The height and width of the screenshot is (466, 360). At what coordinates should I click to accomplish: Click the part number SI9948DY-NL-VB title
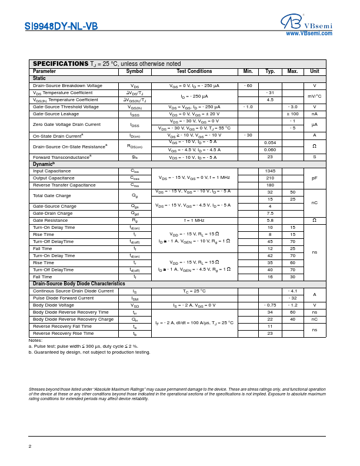[x=61, y=26]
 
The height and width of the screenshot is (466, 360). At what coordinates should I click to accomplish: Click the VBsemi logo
[x=306, y=24]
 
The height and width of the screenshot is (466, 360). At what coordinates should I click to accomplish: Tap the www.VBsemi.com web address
[x=309, y=34]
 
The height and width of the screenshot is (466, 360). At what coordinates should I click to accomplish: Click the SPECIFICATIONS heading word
[x=60, y=64]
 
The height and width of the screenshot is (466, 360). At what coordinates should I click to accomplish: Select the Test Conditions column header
[x=194, y=71]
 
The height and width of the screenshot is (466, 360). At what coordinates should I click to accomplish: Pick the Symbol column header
[x=135, y=71]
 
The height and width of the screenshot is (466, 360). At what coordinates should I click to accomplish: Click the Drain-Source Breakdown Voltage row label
[x=68, y=86]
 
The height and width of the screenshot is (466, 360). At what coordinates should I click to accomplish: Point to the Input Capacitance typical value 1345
[x=270, y=171]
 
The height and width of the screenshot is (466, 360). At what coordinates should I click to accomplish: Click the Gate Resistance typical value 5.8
[x=270, y=220]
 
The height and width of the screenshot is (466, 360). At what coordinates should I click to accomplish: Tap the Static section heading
[x=39, y=78]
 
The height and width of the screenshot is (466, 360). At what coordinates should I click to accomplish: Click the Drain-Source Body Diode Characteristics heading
[x=79, y=284]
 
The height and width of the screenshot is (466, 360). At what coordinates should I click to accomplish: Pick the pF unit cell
[x=315, y=178]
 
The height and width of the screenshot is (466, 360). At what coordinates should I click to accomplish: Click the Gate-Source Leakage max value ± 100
[x=292, y=114]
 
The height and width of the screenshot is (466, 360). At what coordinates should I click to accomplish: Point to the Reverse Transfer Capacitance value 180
[x=270, y=185]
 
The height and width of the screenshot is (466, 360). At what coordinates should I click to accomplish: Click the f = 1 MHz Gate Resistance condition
[x=194, y=220]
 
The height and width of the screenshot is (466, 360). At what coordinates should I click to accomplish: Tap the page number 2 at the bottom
[x=30, y=446]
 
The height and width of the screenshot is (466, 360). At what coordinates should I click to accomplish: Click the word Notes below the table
[x=35, y=340]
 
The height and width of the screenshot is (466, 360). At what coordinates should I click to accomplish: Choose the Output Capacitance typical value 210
[x=270, y=178]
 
